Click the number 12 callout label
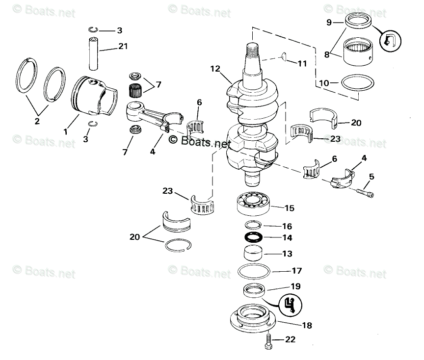click(x=214, y=69)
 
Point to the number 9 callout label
click(x=329, y=22)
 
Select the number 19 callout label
click(x=296, y=286)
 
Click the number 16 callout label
click(x=287, y=226)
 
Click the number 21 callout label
click(x=123, y=47)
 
